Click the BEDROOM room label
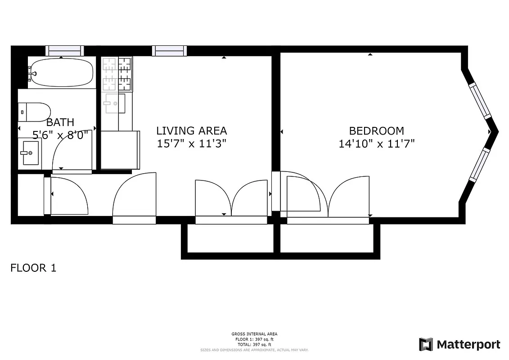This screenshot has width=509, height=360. tap(377, 131)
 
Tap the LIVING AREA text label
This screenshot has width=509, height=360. tap(191, 131)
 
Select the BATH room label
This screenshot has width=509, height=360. tap(60, 122)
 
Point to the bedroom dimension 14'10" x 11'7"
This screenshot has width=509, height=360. tap(377, 144)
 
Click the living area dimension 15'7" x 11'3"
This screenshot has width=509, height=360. tap(191, 144)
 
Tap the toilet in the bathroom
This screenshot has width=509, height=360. tap(34, 112)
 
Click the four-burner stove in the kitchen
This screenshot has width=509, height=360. tap(117, 73)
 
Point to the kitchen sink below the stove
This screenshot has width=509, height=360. tap(115, 103)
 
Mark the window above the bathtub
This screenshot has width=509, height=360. tap(65, 50)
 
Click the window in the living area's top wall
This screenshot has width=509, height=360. tap(169, 50)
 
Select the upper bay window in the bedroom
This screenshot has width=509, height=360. tap(480, 100)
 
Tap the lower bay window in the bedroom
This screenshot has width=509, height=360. tap(478, 165)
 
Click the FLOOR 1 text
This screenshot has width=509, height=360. tap(33, 268)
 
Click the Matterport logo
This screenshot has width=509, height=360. tap(459, 345)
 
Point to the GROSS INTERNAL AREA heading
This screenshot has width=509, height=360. tap(254, 334)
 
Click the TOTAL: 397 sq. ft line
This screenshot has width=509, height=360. tap(254, 344)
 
